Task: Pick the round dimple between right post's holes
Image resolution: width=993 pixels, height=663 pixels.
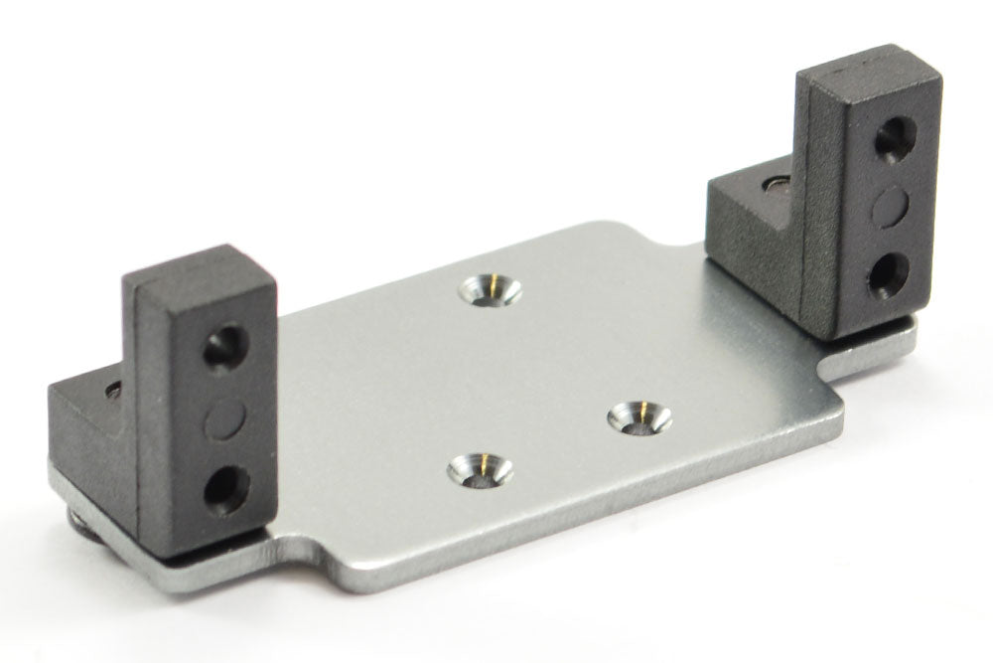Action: tap(892, 204)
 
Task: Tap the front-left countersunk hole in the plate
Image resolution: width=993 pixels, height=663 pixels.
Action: tap(481, 468)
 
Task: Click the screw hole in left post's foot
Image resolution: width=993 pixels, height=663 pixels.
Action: tap(111, 388)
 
